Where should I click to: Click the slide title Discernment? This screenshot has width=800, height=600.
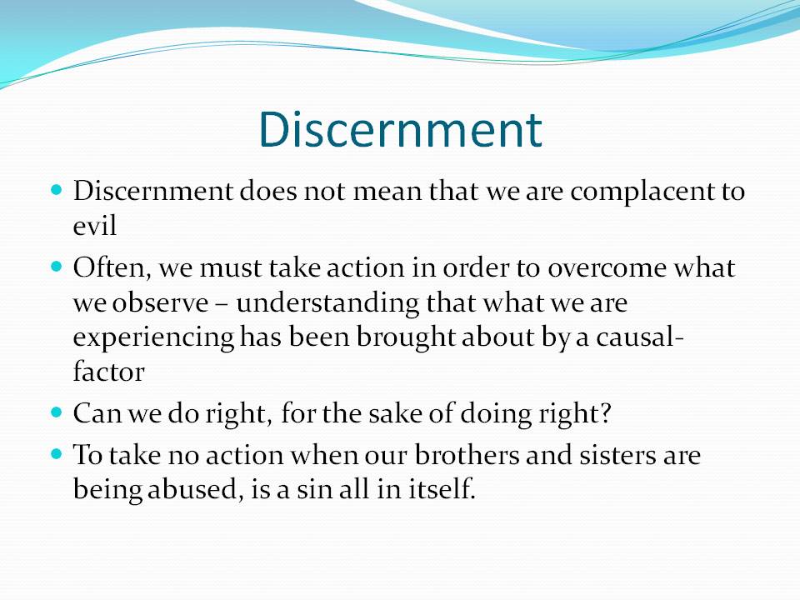(400, 130)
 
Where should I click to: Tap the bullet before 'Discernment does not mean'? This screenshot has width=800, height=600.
(57, 190)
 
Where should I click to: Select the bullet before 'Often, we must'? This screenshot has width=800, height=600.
(57, 267)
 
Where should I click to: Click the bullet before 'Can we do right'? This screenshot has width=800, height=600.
(57, 412)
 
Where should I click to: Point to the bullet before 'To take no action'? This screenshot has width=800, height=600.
(57, 453)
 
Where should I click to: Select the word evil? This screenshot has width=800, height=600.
(95, 226)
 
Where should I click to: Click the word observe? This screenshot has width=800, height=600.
(160, 302)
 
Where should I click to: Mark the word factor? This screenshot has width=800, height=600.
(108, 372)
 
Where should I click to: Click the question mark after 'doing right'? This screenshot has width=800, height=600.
(605, 413)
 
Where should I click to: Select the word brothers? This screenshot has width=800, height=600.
(467, 455)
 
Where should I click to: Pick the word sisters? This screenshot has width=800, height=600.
(617, 455)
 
